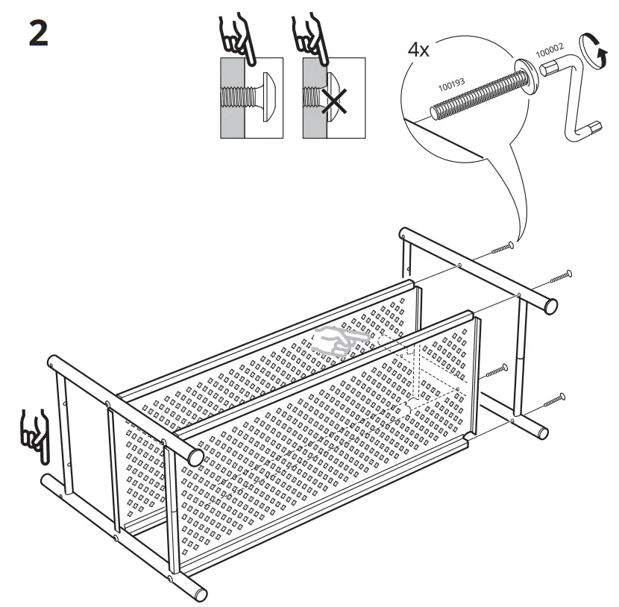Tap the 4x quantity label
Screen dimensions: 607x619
pyautogui.click(x=419, y=51)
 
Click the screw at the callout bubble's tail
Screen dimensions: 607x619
pyautogui.click(x=503, y=247)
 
